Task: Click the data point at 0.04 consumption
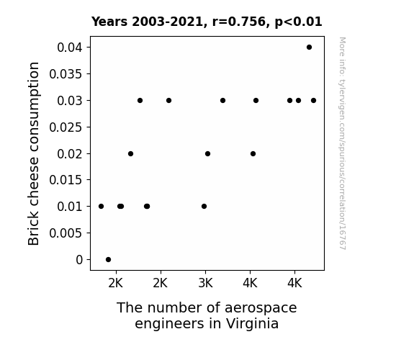coord(309,48)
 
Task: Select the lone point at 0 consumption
coord(108,259)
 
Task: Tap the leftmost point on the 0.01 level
coord(101,207)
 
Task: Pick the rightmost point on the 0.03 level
coord(313,100)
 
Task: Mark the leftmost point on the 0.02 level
coord(130,153)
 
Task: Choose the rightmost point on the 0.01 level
coord(204,207)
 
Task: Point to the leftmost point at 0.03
coord(140,100)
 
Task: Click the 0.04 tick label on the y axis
coord(70,48)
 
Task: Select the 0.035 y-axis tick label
coord(66,74)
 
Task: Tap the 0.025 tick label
coord(66,127)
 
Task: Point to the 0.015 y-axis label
coord(66,180)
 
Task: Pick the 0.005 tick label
coord(66,233)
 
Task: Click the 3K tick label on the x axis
coord(205,283)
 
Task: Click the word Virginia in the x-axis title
coord(252,323)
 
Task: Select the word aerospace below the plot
coord(261,308)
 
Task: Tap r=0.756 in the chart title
coord(239,22)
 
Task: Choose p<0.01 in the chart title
coord(298,22)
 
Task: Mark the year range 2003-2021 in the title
coord(167,22)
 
